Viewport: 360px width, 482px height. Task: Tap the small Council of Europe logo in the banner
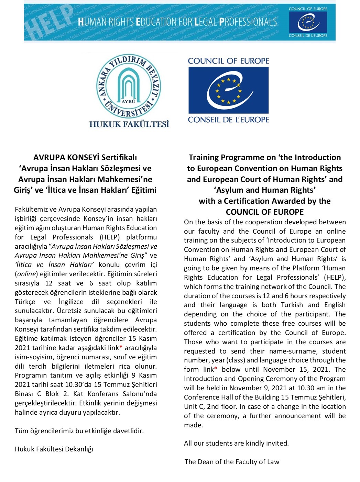coord(308,22)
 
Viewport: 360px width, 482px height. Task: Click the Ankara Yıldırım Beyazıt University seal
coord(129,87)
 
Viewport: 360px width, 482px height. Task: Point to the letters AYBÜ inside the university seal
coord(129,101)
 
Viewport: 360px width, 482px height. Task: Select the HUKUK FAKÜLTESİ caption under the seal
coord(129,124)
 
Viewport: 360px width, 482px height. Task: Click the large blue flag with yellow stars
coord(228,90)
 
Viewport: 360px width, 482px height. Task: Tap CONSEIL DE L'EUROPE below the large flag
coord(228,120)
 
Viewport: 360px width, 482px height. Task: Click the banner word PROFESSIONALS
coord(248,22)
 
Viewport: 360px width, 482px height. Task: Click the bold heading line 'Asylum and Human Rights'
coord(265,190)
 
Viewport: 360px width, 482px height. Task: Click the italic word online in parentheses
coord(26,274)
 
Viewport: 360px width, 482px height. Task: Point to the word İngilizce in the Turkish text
coord(71,302)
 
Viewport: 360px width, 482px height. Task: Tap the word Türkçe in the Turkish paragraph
coord(25,302)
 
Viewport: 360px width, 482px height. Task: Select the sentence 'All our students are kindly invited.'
coord(236,443)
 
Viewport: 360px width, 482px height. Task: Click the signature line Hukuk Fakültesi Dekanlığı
coord(54,449)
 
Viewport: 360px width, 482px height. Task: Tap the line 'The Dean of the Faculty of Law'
coord(232,462)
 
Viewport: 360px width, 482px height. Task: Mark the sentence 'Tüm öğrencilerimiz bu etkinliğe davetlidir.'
coord(79,431)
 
